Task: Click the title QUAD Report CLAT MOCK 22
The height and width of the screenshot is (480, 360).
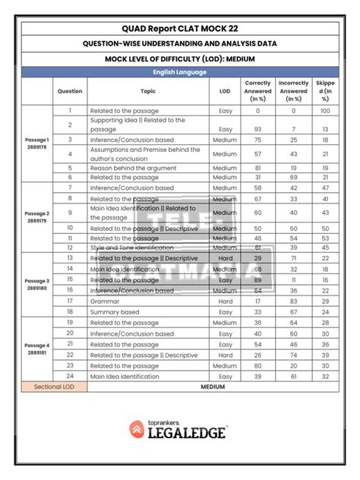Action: pos(179,27)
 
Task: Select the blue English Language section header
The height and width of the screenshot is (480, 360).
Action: pos(179,72)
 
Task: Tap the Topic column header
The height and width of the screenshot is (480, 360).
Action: pos(147,91)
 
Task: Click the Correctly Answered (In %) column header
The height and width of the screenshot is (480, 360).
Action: pos(257,91)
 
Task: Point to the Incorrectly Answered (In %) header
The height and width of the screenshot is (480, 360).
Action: pos(293,91)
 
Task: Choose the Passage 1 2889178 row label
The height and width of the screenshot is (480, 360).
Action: pos(37,144)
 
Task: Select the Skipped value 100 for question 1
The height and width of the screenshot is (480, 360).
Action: pos(325,110)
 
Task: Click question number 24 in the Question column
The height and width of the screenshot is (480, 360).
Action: pos(70,375)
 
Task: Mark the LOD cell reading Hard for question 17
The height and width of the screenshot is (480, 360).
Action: pos(224,301)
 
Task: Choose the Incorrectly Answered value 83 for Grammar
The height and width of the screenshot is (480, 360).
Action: pos(293,301)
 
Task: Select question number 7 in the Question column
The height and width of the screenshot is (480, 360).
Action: pos(70,188)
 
